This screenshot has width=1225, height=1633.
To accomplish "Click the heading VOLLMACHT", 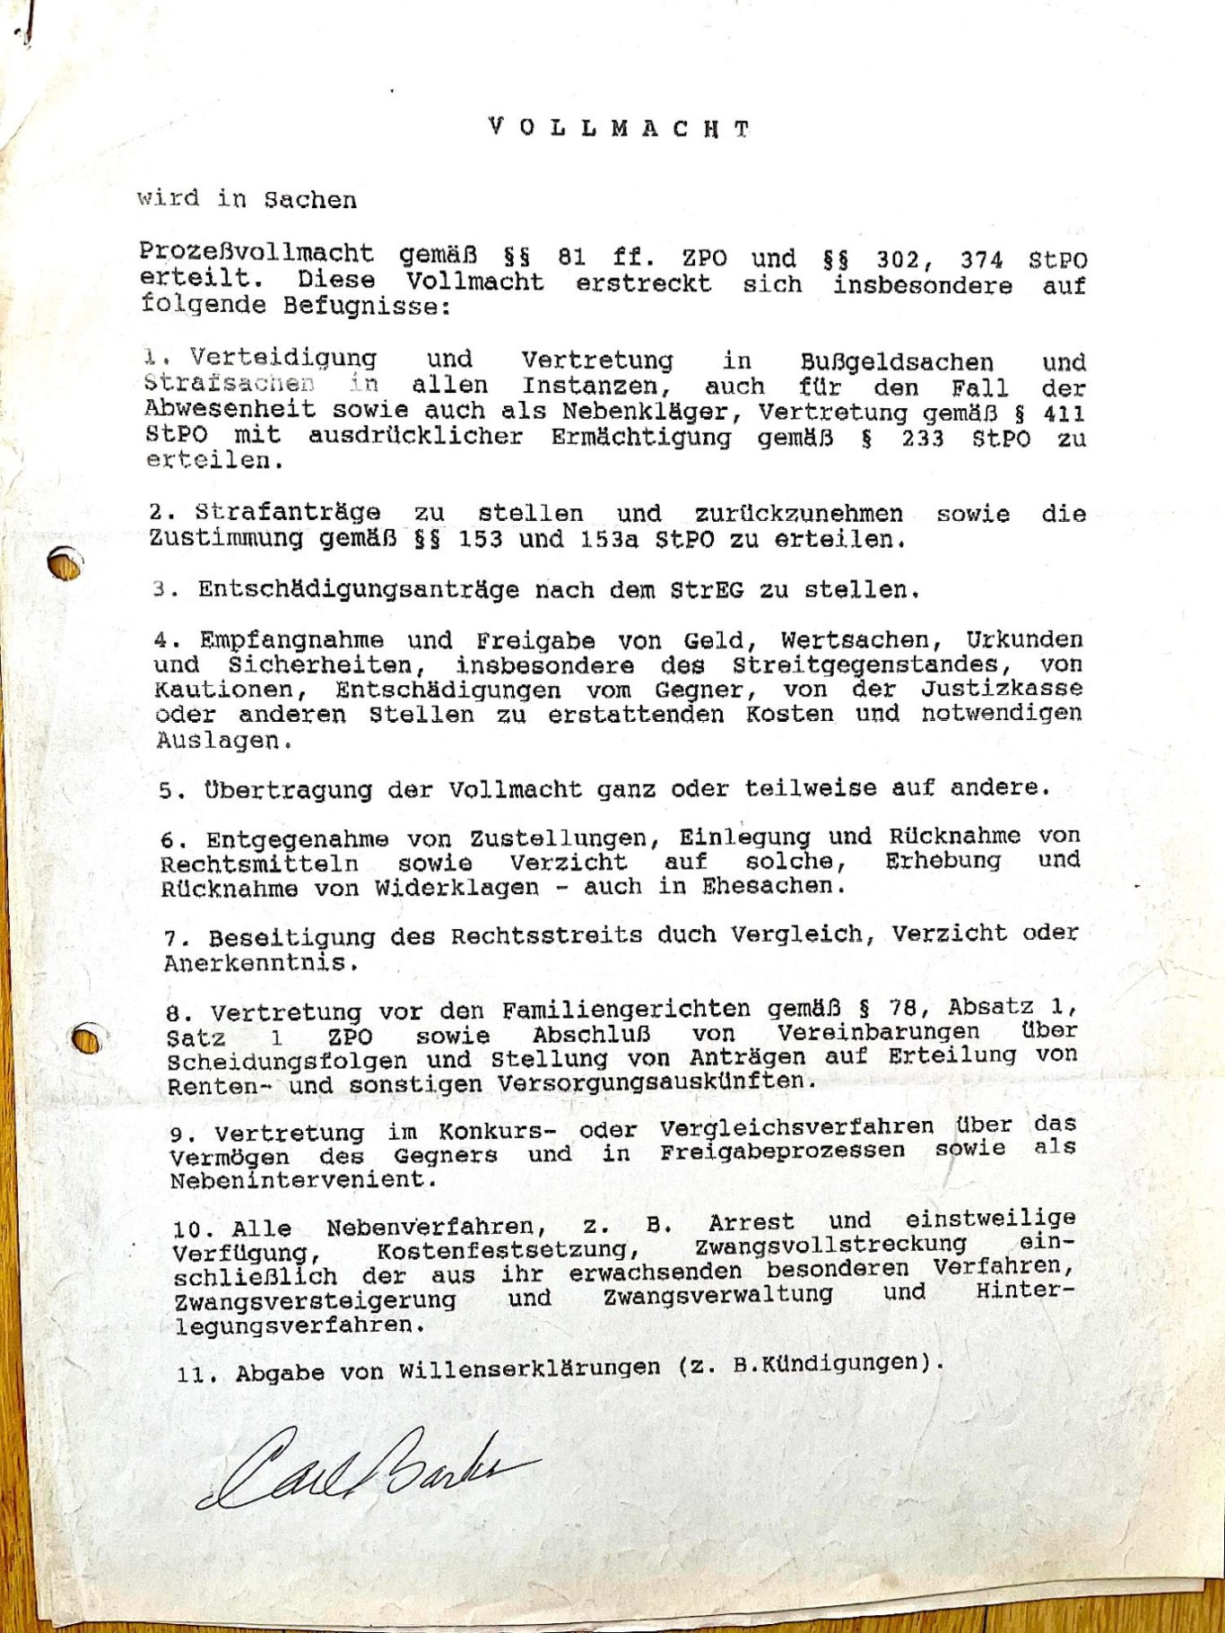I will click(619, 128).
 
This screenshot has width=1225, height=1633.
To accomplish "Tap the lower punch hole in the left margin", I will click(86, 1039).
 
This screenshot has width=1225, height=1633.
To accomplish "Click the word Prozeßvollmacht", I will click(256, 255).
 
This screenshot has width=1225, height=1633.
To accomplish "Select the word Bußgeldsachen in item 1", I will click(896, 362).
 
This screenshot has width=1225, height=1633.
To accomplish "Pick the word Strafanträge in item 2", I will click(288, 513).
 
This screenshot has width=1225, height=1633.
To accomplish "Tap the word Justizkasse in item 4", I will click(1001, 689).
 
